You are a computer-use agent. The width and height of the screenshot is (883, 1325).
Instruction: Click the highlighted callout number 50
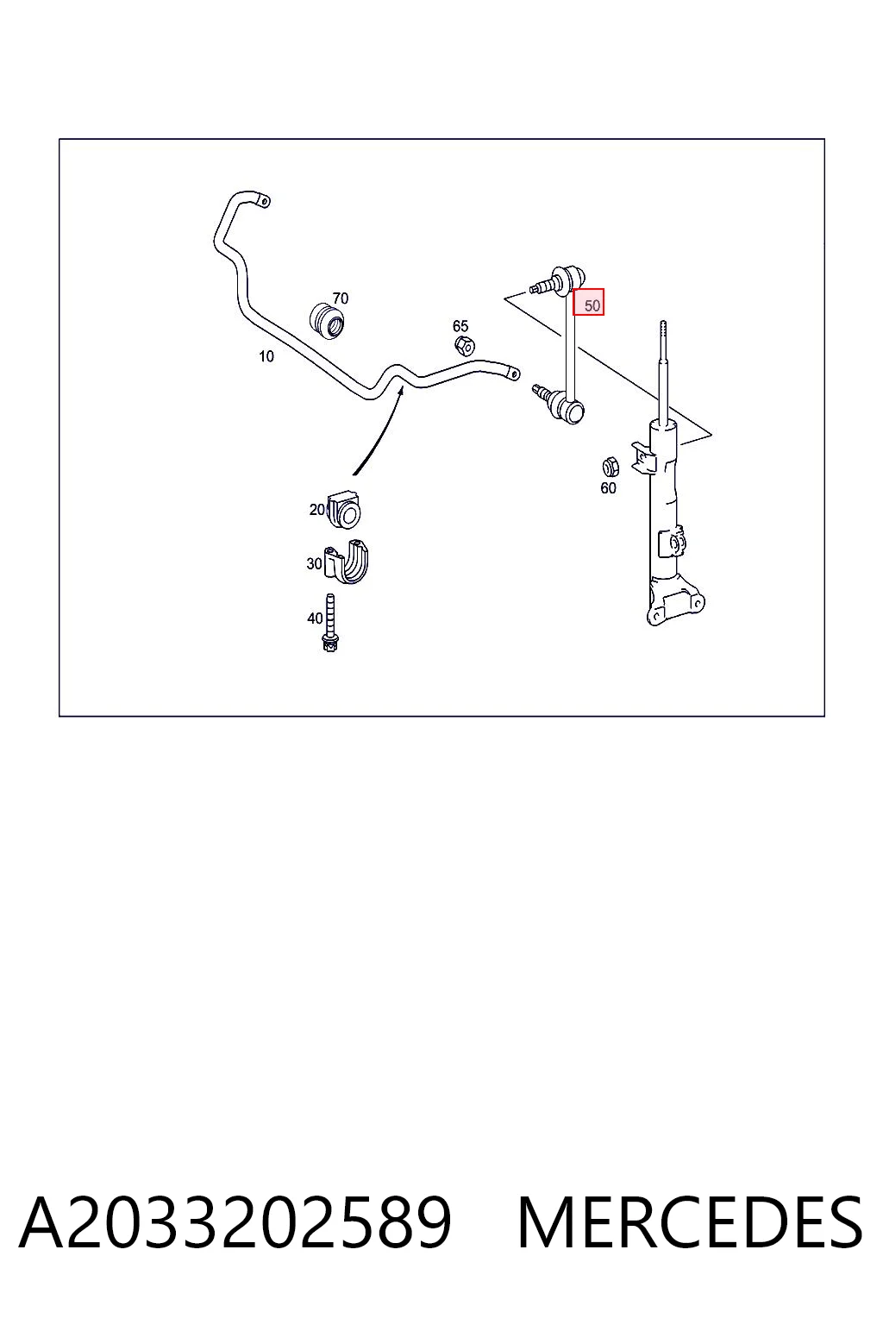[592, 305]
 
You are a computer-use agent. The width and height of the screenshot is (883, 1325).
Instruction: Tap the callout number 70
[340, 298]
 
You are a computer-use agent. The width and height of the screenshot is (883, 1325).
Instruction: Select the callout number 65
[460, 326]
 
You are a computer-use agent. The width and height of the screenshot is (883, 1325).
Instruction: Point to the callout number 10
[266, 356]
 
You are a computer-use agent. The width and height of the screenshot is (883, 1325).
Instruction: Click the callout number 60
[608, 488]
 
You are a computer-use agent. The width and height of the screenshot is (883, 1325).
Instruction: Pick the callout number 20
[317, 509]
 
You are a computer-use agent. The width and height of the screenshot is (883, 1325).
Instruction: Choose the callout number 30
[314, 563]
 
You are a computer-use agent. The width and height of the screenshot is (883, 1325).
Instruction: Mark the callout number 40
[315, 619]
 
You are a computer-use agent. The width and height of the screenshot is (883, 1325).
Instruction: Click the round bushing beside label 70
[329, 321]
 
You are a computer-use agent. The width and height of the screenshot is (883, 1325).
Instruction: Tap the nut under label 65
[465, 345]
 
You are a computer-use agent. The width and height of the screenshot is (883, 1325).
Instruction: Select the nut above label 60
[611, 468]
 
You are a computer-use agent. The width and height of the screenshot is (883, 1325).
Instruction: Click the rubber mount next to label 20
[344, 509]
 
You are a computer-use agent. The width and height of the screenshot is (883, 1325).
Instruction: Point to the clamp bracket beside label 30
[348, 562]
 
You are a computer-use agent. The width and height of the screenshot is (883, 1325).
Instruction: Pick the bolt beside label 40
[330, 623]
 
